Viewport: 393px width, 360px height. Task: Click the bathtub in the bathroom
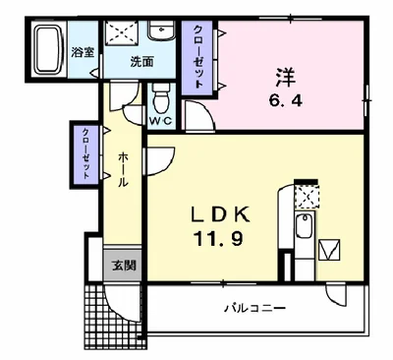(x=47, y=49)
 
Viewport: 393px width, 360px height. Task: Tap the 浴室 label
(x=83, y=52)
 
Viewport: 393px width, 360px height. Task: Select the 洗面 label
(x=142, y=62)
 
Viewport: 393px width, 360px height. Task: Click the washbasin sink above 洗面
(x=161, y=30)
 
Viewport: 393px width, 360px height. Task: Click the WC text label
(x=161, y=121)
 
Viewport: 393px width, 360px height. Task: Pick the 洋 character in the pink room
(x=285, y=77)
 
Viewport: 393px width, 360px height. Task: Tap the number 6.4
(x=285, y=101)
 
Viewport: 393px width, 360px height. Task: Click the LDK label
(x=220, y=214)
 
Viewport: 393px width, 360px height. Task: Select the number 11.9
(x=219, y=238)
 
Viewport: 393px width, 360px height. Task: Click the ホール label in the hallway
(x=123, y=169)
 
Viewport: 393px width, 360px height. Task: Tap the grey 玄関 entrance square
(x=123, y=266)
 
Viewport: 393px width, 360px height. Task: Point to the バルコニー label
(x=254, y=309)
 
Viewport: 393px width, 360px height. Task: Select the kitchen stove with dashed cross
(x=307, y=197)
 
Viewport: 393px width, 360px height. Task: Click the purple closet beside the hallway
(x=85, y=153)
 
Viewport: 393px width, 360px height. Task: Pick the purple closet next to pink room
(x=197, y=58)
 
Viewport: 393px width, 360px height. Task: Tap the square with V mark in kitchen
(x=329, y=250)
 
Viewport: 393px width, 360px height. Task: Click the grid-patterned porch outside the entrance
(x=113, y=313)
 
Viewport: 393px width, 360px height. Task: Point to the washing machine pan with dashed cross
(x=122, y=31)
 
